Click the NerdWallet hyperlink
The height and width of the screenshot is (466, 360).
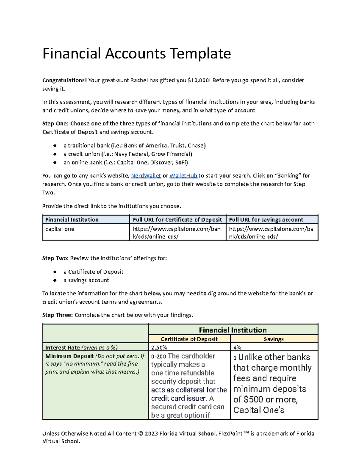click(146, 176)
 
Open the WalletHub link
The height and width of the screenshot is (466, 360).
click(183, 176)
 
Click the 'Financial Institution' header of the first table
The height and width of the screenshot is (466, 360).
click(72, 220)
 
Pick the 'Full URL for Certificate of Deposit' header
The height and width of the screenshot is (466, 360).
click(177, 220)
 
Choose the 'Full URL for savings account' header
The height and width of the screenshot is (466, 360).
click(266, 220)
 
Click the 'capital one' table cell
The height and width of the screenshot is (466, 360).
click(60, 229)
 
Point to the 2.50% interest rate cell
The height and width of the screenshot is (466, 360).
click(159, 347)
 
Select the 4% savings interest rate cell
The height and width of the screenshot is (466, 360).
click(237, 347)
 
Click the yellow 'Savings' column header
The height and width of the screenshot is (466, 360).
click(274, 339)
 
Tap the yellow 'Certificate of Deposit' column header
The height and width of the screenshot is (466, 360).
click(189, 339)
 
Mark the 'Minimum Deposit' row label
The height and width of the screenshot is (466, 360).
click(70, 356)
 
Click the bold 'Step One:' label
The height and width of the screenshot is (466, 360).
click(55, 124)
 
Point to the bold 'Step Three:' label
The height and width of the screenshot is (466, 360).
click(58, 315)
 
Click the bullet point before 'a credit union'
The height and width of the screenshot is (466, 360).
click(55, 154)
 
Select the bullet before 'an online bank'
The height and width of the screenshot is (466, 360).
click(55, 163)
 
